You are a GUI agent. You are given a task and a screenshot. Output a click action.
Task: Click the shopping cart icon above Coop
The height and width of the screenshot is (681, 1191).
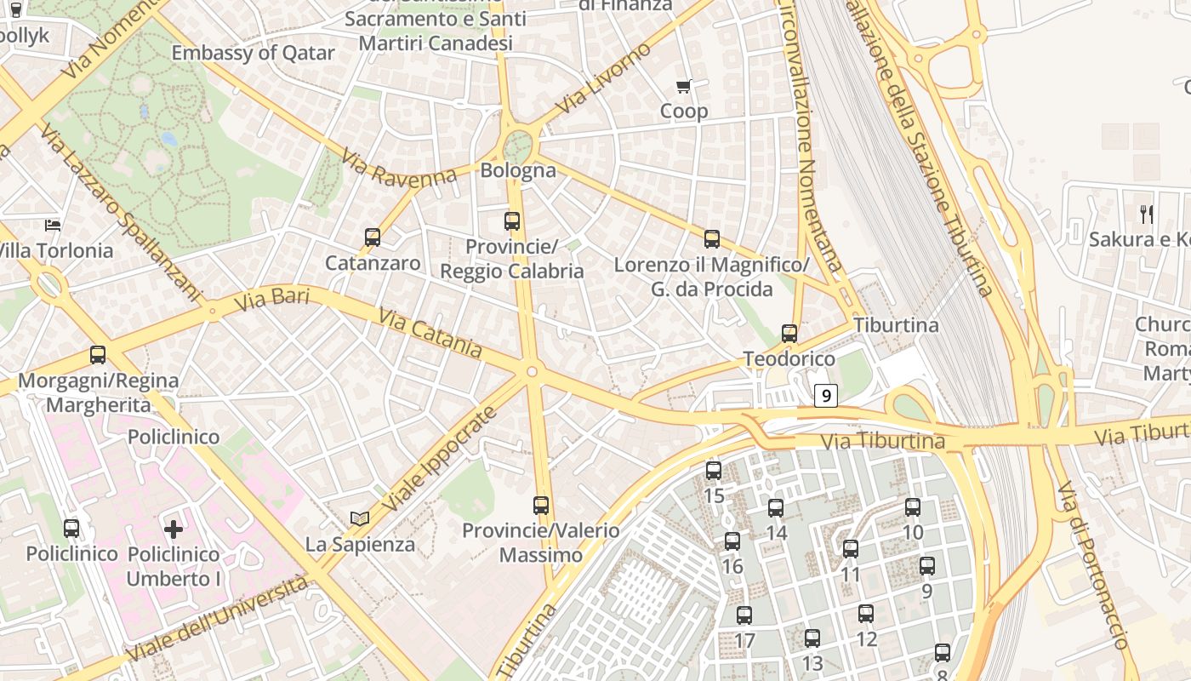pos(684,86)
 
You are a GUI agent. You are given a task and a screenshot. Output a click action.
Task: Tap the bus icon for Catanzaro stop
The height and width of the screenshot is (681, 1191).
pos(373,237)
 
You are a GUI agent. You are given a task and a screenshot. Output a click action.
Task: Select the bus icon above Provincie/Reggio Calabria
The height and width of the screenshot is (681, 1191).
pos(512,221)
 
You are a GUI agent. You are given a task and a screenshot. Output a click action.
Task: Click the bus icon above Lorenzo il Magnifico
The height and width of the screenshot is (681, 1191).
pos(712,239)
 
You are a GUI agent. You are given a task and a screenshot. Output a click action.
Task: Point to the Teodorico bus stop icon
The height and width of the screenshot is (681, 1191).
pos(789,334)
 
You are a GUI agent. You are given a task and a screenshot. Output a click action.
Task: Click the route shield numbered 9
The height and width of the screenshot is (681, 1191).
pos(825,396)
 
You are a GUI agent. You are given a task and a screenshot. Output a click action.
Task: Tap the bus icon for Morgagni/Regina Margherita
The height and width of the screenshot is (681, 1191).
pos(98,355)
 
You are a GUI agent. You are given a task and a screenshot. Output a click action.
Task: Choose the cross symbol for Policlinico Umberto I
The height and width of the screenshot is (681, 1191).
pos(174,529)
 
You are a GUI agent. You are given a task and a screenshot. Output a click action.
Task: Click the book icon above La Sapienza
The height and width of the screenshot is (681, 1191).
pos(360,518)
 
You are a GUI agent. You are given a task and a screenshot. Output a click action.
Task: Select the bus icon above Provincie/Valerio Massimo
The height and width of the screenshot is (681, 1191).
pos(541,506)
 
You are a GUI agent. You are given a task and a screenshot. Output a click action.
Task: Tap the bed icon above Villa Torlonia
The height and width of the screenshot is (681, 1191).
pos(53,226)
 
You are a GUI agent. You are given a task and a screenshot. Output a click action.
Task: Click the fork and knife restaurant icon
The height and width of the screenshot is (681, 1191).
pos(1147,214)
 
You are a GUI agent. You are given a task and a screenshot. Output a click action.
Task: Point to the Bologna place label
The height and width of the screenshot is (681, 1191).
pos(518,170)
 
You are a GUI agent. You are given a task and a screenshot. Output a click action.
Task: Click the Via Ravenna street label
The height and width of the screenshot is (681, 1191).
pos(399,168)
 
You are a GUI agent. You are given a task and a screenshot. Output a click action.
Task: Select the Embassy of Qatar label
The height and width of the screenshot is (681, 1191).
pos(254,53)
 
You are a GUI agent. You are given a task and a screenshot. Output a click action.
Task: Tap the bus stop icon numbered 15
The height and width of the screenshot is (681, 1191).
pos(714,470)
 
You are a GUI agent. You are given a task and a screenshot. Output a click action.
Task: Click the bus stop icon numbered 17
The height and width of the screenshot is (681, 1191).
pos(744,615)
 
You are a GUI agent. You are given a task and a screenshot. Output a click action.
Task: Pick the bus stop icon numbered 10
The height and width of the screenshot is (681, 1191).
pos(913,507)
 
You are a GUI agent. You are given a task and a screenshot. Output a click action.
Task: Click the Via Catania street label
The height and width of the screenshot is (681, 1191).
pos(430,334)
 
